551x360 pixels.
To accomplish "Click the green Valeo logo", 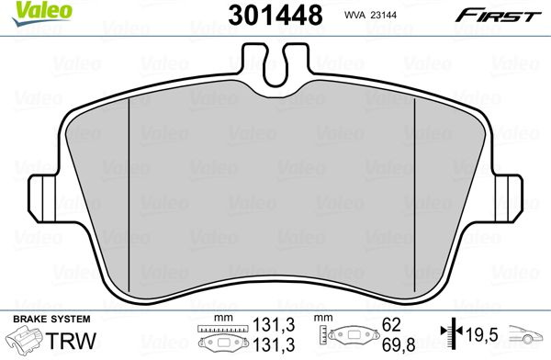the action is pos(42,13).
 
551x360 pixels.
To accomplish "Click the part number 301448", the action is pos(275,15).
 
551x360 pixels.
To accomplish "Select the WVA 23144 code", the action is pos(370,15).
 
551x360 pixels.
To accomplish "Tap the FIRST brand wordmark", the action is pos(499,16).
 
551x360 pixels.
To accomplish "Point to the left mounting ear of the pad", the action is pos(41,198).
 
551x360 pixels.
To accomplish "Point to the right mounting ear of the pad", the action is pos(509,198).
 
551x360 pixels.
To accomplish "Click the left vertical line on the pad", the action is pos(129,195).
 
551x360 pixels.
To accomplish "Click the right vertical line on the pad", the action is pos(415,195).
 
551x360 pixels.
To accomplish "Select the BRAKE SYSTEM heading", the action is pos(51,320).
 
